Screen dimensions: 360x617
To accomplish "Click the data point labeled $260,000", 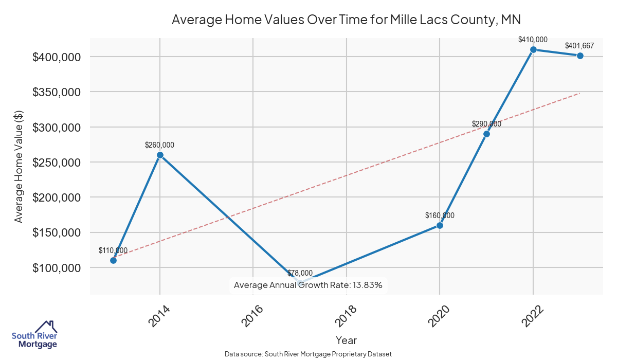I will [160, 155].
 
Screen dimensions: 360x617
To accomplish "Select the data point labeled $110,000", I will [113, 260].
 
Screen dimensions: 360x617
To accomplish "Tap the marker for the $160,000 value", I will [440, 225].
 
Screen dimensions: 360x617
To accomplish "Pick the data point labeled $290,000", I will [486, 134].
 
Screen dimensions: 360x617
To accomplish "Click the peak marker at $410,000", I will [533, 49].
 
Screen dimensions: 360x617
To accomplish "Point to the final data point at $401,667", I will [580, 56].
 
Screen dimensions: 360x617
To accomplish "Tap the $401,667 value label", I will [579, 46].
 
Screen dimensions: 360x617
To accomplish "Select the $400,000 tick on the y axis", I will [57, 57].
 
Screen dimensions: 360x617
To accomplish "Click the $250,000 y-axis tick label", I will [57, 162].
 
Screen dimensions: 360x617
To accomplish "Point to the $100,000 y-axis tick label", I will [57, 268].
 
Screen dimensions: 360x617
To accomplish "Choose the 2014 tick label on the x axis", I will [159, 315].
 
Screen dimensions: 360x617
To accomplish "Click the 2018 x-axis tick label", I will [346, 315].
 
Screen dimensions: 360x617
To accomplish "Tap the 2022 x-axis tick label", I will [533, 315].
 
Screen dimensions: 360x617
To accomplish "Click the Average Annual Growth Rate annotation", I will [308, 285].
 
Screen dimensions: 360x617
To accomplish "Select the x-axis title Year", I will [346, 340].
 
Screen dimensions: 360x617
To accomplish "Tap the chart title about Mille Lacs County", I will [346, 20].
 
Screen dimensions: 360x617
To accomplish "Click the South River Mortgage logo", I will [34, 335].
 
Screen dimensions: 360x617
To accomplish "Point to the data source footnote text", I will [308, 354].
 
